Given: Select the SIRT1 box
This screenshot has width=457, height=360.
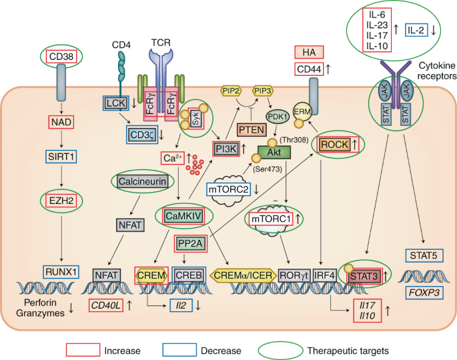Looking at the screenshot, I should coord(60,157).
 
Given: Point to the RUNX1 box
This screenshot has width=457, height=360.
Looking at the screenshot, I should coord(61,271).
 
